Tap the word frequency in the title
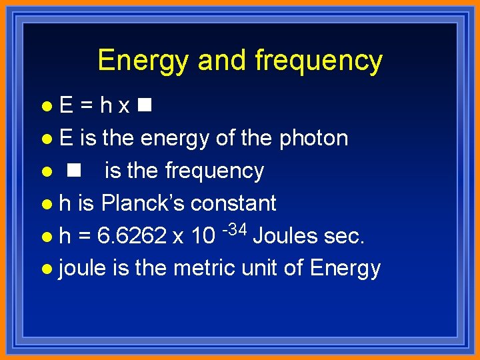[x=319, y=61]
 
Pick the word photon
[x=313, y=139]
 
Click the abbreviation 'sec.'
[x=345, y=235]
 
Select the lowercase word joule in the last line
[x=83, y=268]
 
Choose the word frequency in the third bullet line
[x=215, y=171]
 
